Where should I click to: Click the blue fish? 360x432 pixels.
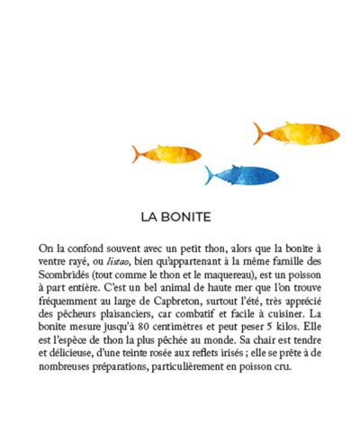click(243, 174)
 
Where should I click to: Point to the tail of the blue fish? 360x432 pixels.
click(210, 175)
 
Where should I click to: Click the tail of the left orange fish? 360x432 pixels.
click(137, 154)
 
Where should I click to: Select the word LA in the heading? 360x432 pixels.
click(150, 217)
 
